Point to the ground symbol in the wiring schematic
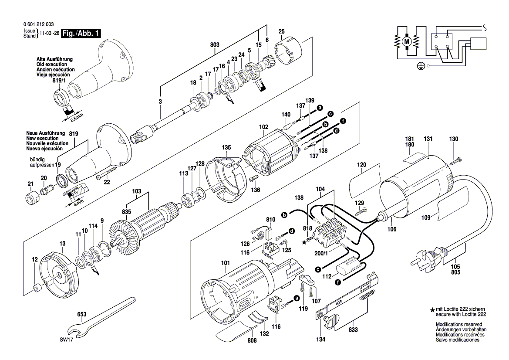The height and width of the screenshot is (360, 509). click(x=420, y=66)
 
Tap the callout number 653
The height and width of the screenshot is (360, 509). click(x=81, y=314)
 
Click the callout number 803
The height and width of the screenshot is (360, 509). click(x=214, y=45)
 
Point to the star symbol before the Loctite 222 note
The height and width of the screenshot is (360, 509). click(x=432, y=310)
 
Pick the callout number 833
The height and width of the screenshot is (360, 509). click(x=353, y=330)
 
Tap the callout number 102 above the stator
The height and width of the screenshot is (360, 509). click(x=263, y=127)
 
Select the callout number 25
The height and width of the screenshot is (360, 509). click(x=281, y=31)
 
